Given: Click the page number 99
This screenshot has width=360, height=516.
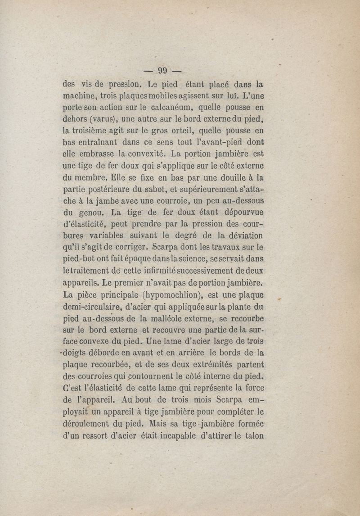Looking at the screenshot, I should [162, 70].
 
